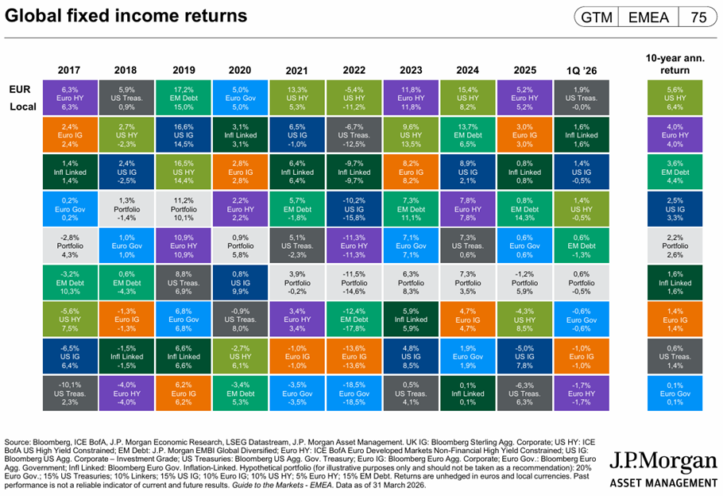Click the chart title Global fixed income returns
pos(126,16)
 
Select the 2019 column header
pos(184,70)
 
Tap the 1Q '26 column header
pos(582,71)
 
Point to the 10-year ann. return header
pos(675,64)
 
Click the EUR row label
pos(20,89)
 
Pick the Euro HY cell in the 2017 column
pos(70,98)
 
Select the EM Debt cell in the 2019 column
pos(184,98)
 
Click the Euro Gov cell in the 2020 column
pos(240,98)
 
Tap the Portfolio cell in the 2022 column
pos(354,282)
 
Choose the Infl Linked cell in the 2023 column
pos(411,320)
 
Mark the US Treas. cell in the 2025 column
pos(524,393)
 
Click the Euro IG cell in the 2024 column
pos(467,320)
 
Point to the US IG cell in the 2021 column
pos(297,134)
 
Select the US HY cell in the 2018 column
pos(127,134)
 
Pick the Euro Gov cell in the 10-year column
pos(675,393)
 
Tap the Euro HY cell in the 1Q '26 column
pos(582,393)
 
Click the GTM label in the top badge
pos(597,17)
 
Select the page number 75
pos(698,17)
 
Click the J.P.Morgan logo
pos(663,469)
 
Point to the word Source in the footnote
pos(17,442)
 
